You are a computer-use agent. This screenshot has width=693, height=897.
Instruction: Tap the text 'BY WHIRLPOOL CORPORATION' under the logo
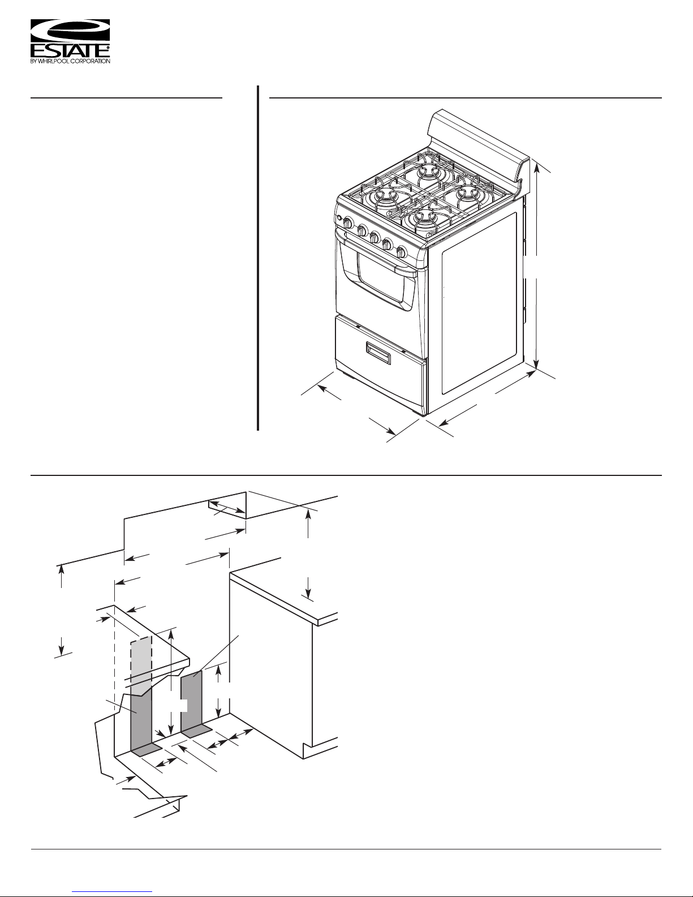[70, 61]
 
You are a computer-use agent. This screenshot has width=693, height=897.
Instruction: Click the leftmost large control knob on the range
[347, 223]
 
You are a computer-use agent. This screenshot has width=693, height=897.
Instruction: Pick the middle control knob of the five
[375, 238]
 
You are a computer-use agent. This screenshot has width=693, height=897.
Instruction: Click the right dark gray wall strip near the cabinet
[191, 698]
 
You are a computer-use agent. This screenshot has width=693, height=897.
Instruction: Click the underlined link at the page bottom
[113, 891]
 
